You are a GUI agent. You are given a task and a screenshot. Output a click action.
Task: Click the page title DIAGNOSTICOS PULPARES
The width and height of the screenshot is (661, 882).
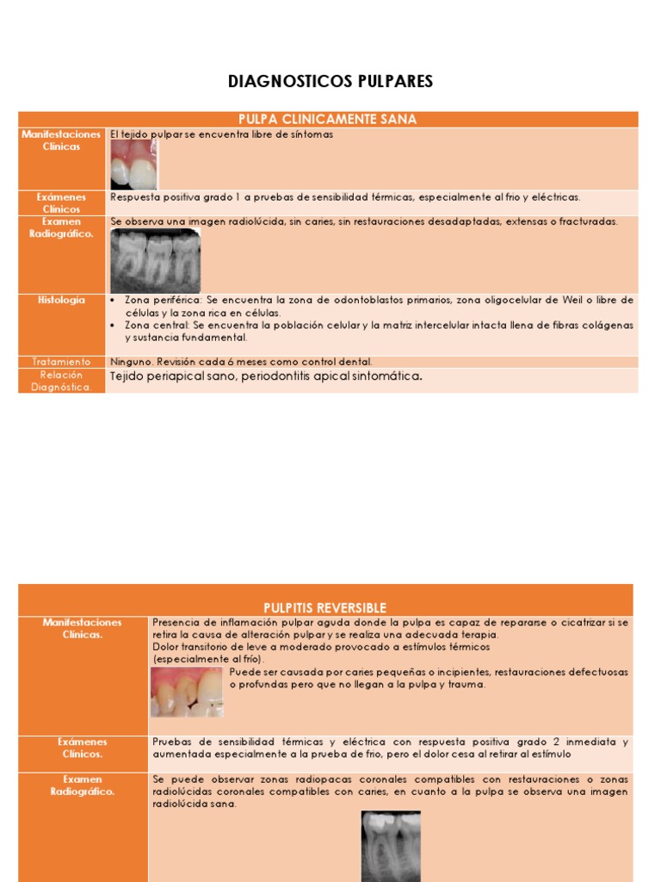coord(330,82)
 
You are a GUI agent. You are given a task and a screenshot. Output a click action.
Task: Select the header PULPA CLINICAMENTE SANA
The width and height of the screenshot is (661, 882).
coord(327,120)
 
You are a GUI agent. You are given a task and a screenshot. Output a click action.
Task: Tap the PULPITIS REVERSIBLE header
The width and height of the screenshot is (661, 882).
coord(324,607)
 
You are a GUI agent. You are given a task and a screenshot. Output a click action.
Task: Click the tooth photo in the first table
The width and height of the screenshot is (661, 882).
coord(133,165)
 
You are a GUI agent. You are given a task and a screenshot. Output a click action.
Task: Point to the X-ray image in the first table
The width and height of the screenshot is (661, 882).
coord(155,260)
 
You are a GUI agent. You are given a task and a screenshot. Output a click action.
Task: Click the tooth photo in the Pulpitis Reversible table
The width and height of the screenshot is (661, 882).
coord(187,692)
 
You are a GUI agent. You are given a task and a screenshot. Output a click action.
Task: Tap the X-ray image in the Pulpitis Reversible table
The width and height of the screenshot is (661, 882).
coord(390,845)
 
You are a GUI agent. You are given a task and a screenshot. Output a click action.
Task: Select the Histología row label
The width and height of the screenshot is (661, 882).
coord(61,300)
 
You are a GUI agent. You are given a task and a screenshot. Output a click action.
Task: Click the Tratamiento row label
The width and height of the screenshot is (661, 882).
coord(61,362)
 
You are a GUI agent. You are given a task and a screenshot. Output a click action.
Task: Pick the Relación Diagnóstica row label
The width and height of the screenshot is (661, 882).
coord(61,381)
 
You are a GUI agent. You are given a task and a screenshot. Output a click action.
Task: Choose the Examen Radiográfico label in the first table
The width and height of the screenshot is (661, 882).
coord(61,227)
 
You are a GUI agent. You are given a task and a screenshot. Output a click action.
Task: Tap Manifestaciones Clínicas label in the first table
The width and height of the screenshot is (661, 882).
coord(61,140)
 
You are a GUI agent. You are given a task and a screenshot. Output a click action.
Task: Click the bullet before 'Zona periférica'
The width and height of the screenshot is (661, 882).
coord(114,301)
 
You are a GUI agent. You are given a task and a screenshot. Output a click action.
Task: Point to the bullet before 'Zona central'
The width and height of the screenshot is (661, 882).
coord(114,326)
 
